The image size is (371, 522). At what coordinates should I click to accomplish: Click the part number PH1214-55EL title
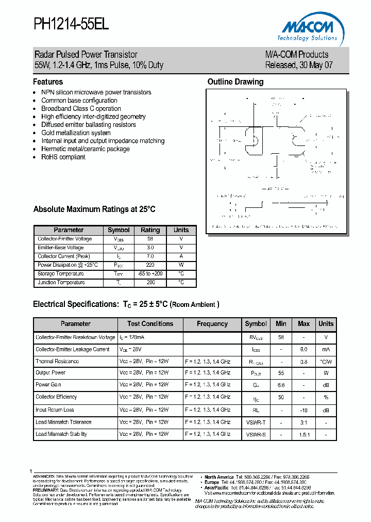[71, 24]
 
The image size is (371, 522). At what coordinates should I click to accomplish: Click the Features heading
[48, 82]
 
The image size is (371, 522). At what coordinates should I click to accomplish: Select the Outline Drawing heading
[235, 82]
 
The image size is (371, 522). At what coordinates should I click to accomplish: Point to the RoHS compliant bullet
[63, 157]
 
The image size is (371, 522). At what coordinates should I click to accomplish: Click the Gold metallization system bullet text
[76, 133]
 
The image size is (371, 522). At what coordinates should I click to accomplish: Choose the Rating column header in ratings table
[150, 230]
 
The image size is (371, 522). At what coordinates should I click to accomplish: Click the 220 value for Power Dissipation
[150, 265]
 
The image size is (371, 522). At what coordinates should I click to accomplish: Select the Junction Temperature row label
[61, 283]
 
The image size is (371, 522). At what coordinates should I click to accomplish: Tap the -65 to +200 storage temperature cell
[150, 274]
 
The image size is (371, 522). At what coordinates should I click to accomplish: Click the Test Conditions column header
[150, 324]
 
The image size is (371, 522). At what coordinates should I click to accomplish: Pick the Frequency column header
[212, 324]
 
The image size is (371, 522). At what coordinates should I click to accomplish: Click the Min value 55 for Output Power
[281, 372]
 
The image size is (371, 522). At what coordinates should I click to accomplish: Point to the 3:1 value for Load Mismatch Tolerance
[303, 422]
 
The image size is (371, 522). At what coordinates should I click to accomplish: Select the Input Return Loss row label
[55, 410]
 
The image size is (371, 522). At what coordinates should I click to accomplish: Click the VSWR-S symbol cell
[256, 434]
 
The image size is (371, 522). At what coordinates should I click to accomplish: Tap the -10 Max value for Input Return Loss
[303, 410]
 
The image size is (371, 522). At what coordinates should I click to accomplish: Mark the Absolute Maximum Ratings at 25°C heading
[94, 209]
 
